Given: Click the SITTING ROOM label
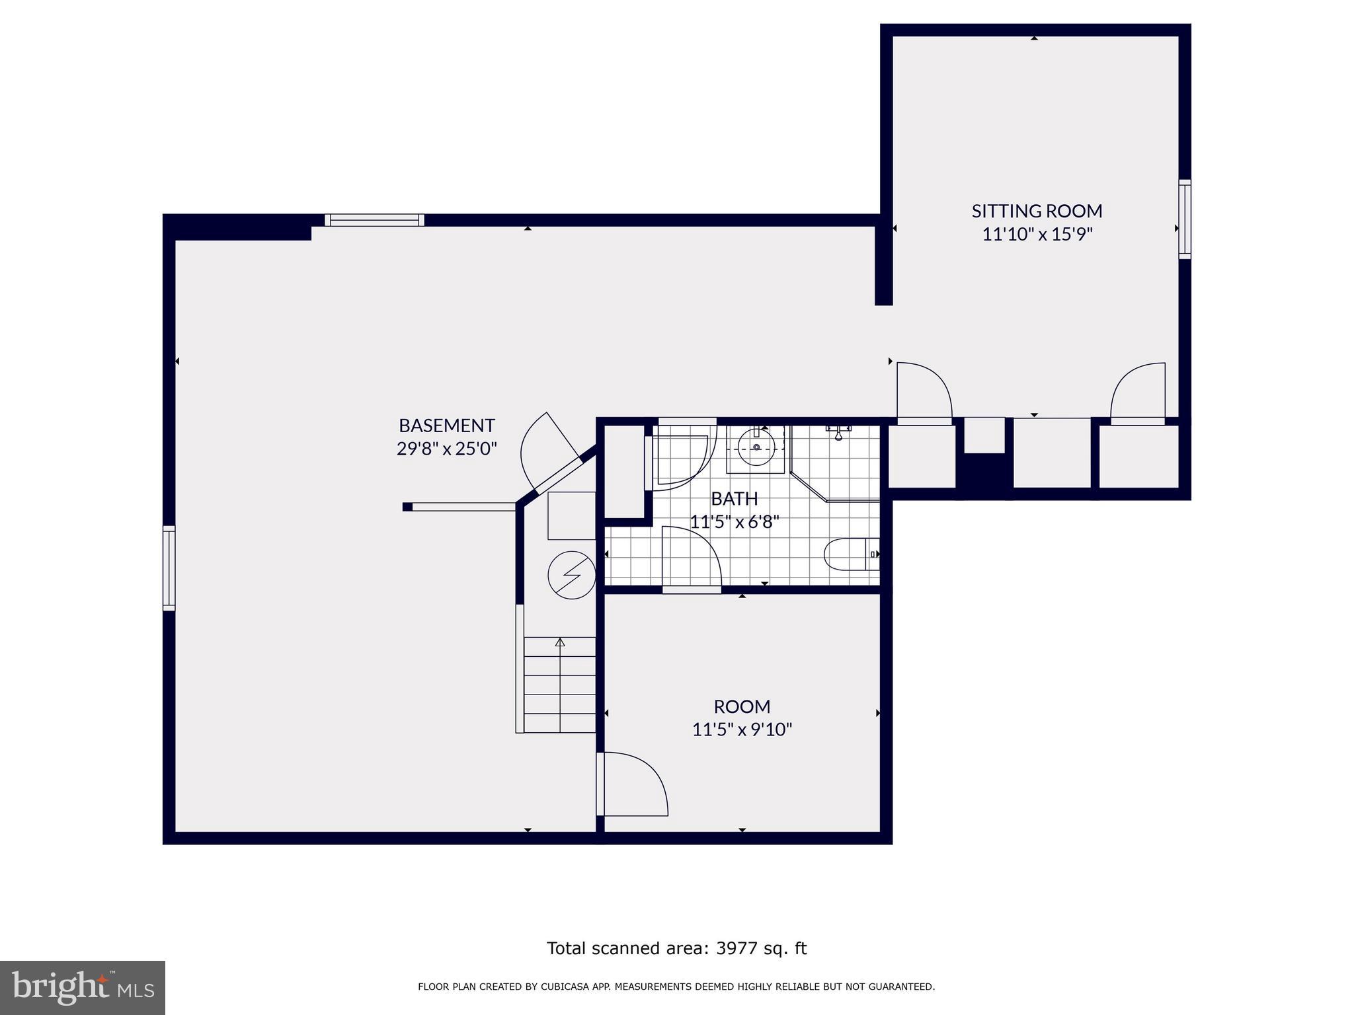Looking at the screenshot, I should [x=1037, y=211].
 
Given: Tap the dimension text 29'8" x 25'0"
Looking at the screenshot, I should [x=446, y=449].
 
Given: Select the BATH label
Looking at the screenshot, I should [x=734, y=498].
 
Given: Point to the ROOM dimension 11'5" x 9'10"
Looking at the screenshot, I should [x=742, y=730].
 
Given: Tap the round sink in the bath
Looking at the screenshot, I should [x=756, y=447].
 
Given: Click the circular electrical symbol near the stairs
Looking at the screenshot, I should [x=572, y=575].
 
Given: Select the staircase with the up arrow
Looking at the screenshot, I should [x=559, y=684].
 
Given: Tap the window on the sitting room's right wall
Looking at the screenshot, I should [x=1185, y=219].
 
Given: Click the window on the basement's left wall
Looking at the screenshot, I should [x=169, y=568].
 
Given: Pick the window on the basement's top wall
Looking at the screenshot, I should [x=374, y=220].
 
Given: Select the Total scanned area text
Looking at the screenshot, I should [x=676, y=948].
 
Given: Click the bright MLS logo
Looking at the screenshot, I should [x=83, y=987].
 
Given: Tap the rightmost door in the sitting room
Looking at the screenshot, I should [x=1138, y=393].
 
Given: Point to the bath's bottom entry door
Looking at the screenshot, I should [x=691, y=558].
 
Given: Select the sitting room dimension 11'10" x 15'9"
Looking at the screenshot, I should [x=1037, y=235].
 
